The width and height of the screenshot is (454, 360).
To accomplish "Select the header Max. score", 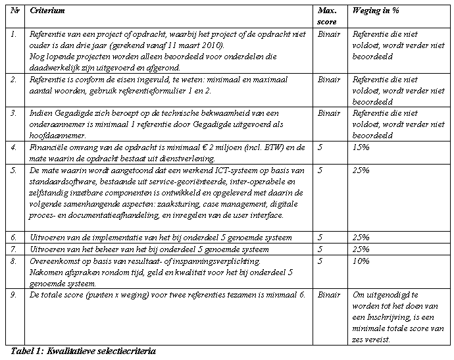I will (x=327, y=16).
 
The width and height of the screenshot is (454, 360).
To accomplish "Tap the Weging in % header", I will (x=376, y=11).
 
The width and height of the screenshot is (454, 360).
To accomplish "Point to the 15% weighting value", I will (x=361, y=147).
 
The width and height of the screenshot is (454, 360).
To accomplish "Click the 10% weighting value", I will (x=361, y=261).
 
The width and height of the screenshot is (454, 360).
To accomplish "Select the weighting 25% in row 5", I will (x=361, y=170).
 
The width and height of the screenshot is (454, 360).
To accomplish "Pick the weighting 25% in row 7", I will (x=361, y=249).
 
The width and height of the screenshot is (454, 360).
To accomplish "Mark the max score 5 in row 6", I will (x=320, y=237).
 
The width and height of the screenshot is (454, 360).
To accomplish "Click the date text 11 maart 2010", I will (x=197, y=45).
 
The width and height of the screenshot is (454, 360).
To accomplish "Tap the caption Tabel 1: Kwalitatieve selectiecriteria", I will (x=84, y=351).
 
